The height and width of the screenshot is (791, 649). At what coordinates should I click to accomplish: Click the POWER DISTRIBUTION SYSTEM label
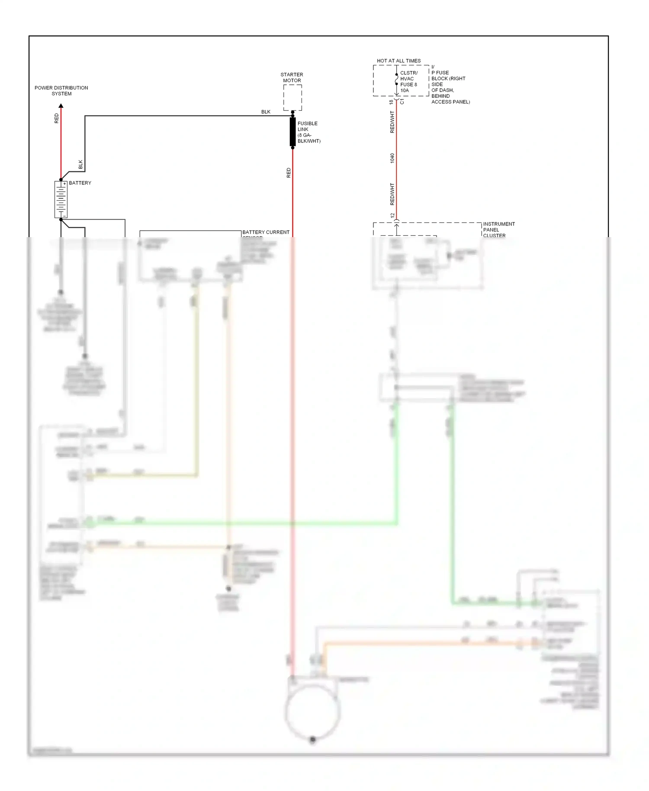pos(61,90)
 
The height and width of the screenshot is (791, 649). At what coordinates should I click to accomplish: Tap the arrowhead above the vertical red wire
pos(61,106)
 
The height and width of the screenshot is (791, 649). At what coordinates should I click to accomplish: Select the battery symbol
pos(61,199)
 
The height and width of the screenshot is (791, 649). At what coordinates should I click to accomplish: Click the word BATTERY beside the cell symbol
pos(80,183)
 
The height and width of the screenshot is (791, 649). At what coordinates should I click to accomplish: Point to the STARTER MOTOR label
pos(292,77)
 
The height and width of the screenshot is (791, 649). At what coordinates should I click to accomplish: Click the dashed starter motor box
pos(292,97)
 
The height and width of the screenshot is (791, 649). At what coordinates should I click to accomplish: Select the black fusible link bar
pos(292,132)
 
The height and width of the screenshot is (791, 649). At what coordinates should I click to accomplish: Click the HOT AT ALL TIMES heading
pos(398,61)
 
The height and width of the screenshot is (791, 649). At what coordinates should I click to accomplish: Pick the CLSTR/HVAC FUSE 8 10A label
pos(408,82)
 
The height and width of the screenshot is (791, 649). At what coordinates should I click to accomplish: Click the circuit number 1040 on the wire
pos(392,158)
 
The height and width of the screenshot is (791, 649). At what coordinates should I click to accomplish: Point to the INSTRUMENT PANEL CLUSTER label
pos(498,230)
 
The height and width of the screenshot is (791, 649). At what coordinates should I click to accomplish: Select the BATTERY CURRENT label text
pos(266,232)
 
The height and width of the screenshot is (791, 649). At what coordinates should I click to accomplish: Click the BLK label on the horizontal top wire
pos(266,112)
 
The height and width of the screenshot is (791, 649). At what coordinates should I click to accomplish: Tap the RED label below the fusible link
pos(289,173)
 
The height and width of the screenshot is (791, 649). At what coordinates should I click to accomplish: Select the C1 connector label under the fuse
pos(402,101)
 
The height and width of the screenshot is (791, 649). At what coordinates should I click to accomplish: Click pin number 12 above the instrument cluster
pos(392,215)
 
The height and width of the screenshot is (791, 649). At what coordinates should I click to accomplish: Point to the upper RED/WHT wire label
pos(392,122)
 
